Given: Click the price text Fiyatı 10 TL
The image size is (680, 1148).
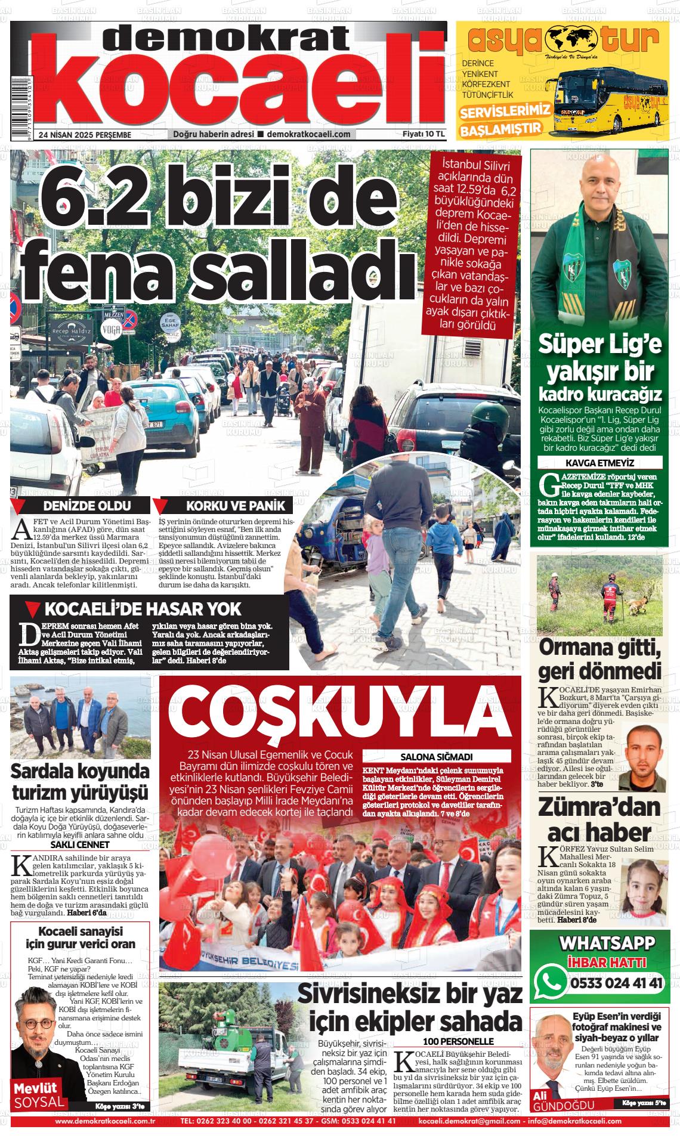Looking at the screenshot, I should [424, 134].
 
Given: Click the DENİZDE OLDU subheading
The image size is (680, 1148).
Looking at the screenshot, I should [87, 506].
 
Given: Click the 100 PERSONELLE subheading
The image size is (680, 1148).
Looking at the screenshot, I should [458, 1041].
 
